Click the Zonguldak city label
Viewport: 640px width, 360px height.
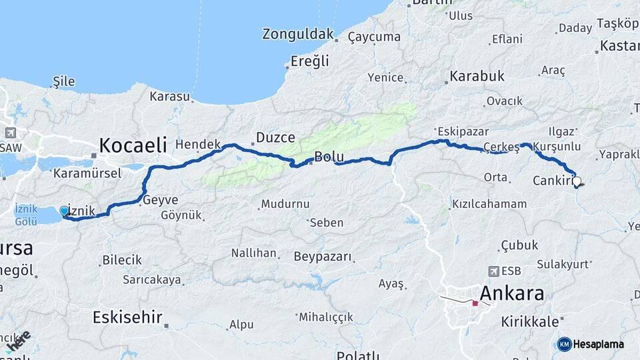pos(297,33)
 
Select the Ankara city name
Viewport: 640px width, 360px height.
pos(511,293)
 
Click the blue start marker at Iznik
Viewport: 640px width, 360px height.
pos(64,211)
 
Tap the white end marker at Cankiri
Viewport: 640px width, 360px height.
pos(577,180)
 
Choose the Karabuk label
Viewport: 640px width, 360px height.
pos(477,76)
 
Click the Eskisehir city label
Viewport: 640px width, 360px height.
pos(127,317)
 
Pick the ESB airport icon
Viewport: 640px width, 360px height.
pos(493,271)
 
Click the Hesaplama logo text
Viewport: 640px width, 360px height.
pos(599,344)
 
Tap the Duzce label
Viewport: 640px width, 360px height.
pos(276,138)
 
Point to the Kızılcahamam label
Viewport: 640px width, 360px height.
pos(487,203)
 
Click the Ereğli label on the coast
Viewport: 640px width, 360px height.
pos(310,61)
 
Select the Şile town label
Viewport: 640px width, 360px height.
pos(63,81)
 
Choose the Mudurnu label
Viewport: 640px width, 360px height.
pos(285,203)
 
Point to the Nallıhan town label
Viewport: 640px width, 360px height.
pos(253,253)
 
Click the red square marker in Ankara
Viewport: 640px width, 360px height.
pos(475,303)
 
